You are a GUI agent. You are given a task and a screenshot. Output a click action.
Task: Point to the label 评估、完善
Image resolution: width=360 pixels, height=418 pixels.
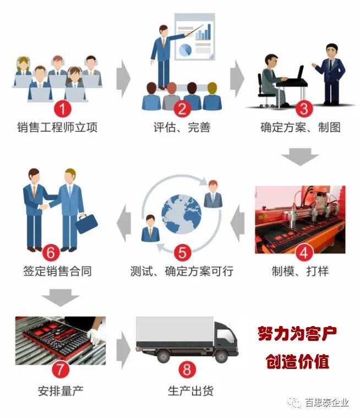182,128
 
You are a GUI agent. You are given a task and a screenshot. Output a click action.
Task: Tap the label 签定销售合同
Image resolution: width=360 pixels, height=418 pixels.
57,271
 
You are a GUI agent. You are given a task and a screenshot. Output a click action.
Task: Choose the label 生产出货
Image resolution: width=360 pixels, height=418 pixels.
189,391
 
